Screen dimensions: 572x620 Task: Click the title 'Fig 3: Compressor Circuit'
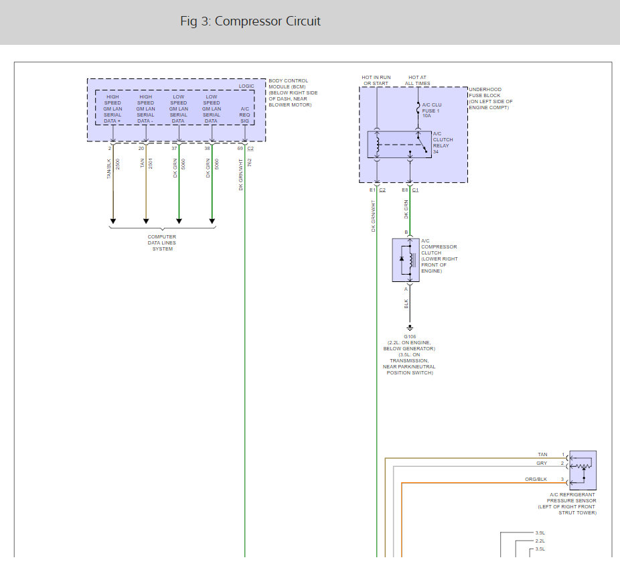tap(250, 21)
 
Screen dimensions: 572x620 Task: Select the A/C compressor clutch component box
tap(406, 259)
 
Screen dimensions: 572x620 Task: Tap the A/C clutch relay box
tap(400, 144)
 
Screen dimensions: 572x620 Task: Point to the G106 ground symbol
tap(410, 328)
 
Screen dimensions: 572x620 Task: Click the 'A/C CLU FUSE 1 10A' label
tap(431, 111)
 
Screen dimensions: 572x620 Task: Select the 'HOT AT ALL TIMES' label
tap(419, 80)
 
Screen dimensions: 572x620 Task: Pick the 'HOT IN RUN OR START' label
tap(376, 80)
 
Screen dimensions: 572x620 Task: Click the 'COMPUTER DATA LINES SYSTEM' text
tap(162, 242)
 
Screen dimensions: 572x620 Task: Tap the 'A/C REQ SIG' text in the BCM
tap(245, 114)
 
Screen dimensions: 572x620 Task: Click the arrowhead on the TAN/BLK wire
tap(113, 220)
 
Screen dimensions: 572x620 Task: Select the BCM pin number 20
tap(141, 149)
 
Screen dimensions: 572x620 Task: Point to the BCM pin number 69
tap(240, 149)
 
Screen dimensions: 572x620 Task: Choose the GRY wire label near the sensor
tap(542, 463)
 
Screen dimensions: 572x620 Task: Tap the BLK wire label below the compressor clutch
tap(406, 303)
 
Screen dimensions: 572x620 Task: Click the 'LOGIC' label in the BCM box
tap(247, 86)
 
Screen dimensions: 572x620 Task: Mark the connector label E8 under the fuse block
tap(405, 190)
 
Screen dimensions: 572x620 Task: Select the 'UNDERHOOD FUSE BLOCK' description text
tap(491, 98)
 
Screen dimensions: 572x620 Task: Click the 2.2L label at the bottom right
tap(540, 541)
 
